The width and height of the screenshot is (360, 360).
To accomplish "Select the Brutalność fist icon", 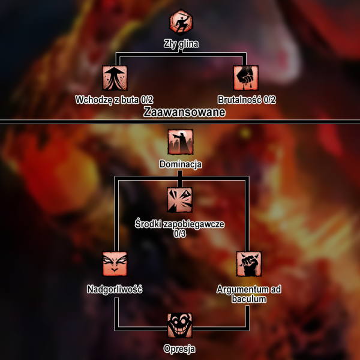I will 245,78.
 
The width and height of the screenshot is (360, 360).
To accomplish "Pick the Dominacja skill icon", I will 180,142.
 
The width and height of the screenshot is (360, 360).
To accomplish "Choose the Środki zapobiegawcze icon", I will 180,200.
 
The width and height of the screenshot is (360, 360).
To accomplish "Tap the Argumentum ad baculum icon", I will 248,265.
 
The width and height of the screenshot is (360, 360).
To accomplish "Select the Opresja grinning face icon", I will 180,326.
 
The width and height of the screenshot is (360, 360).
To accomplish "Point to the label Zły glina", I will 181,43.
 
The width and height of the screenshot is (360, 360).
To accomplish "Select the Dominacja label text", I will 181,163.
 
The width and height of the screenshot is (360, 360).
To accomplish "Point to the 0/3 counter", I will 180,233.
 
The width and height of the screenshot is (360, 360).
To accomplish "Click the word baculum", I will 249,299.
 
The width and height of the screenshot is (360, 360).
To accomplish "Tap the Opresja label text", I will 180,349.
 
